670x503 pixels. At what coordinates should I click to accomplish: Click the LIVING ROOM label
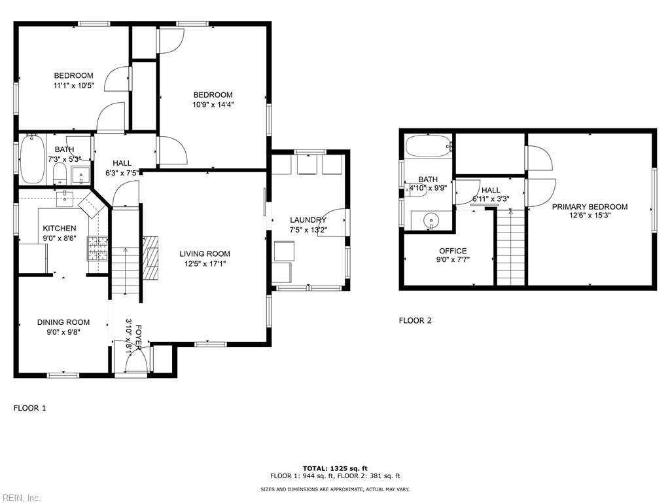pyautogui.click(x=205, y=253)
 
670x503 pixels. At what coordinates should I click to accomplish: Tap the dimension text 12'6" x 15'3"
pyautogui.click(x=590, y=215)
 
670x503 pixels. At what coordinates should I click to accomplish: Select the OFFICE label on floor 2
pyautogui.click(x=453, y=251)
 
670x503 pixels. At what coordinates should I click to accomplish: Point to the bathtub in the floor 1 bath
pyautogui.click(x=33, y=159)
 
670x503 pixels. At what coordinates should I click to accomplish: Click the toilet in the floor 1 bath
pyautogui.click(x=60, y=174)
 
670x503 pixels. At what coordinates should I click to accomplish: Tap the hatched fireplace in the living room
pyautogui.click(x=151, y=257)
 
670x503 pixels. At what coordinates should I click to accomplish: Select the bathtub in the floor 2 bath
pyautogui.click(x=429, y=146)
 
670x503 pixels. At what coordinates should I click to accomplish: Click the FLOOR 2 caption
pyautogui.click(x=415, y=320)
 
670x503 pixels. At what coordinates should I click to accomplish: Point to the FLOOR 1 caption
pyautogui.click(x=29, y=408)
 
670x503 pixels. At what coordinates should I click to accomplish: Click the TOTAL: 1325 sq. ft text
pyautogui.click(x=335, y=468)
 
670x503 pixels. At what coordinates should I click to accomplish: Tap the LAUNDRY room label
pyautogui.click(x=308, y=220)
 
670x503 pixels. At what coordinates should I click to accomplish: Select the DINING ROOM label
pyautogui.click(x=63, y=322)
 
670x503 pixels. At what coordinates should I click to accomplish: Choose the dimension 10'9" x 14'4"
pyautogui.click(x=213, y=104)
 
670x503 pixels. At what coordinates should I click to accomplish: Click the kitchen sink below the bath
pyautogui.click(x=65, y=199)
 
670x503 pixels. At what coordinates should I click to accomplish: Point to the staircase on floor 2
pyautogui.click(x=510, y=247)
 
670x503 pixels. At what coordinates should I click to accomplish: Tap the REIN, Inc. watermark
pyautogui.click(x=20, y=498)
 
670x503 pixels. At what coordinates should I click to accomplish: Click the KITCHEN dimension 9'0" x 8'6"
pyautogui.click(x=60, y=238)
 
